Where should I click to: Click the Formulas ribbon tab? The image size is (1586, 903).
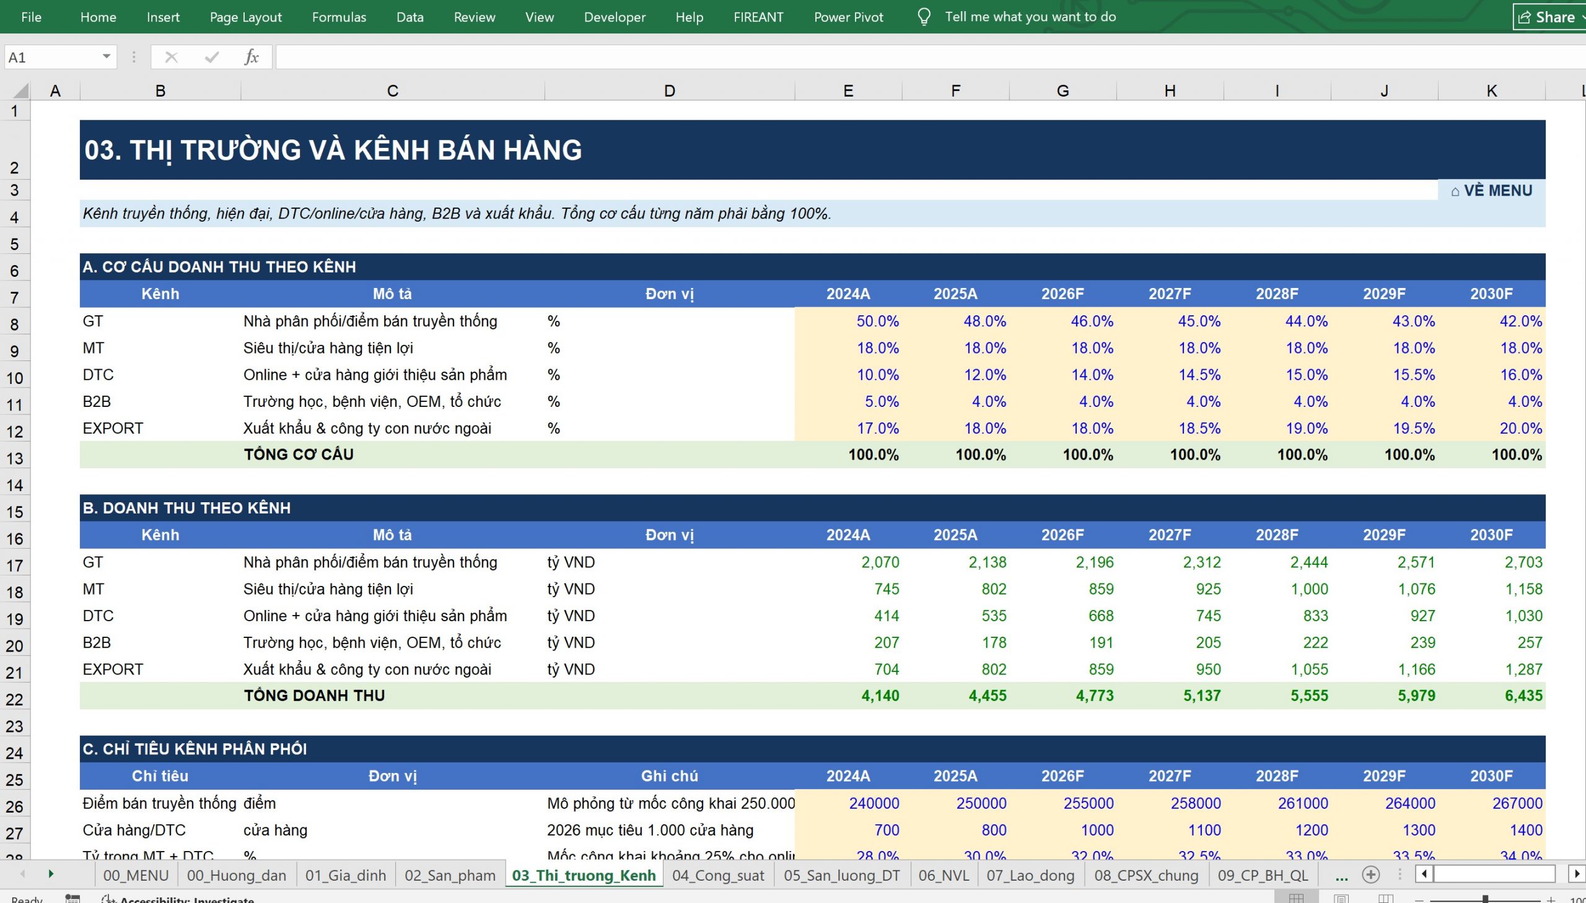tap(339, 17)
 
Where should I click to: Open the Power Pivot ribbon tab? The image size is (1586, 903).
tap(848, 17)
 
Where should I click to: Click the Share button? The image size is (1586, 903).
tap(1547, 17)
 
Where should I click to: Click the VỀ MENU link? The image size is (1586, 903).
tap(1491, 190)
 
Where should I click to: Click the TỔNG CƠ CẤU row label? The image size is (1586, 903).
tap(299, 454)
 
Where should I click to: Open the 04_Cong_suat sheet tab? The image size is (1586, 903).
tap(717, 875)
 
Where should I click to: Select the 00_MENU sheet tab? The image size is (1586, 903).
tap(136, 875)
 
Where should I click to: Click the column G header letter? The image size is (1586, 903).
tap(1062, 90)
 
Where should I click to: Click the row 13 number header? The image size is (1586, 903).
tap(15, 458)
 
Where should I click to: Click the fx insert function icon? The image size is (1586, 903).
tap(251, 57)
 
